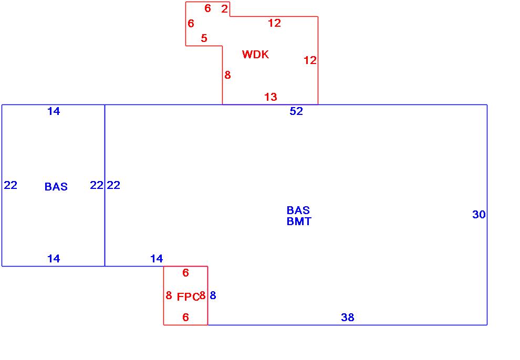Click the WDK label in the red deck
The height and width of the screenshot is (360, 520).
(x=255, y=55)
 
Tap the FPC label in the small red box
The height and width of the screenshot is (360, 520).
(x=188, y=297)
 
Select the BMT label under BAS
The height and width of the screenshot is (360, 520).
(x=298, y=221)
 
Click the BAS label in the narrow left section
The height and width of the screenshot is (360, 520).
(x=56, y=187)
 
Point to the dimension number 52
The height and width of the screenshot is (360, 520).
(x=296, y=111)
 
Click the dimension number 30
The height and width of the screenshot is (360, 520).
(x=479, y=215)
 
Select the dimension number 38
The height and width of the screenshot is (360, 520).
(x=347, y=317)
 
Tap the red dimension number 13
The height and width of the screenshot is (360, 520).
(x=271, y=97)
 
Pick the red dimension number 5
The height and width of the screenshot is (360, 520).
(x=204, y=38)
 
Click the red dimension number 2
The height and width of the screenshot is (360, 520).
(x=224, y=8)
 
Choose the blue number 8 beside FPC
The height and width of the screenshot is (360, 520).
(x=213, y=295)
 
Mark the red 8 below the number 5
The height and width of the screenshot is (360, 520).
(x=227, y=75)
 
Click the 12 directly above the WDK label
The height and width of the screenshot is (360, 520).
(x=274, y=23)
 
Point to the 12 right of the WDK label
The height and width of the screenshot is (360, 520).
(x=310, y=60)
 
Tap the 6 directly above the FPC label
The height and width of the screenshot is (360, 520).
(x=185, y=273)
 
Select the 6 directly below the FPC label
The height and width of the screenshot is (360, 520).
(x=185, y=317)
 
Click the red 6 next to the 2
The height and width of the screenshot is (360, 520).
(x=207, y=8)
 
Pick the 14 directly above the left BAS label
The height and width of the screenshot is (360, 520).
(x=54, y=111)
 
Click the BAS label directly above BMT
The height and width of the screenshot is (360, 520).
(x=298, y=210)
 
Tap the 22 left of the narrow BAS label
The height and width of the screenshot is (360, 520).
(x=11, y=185)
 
